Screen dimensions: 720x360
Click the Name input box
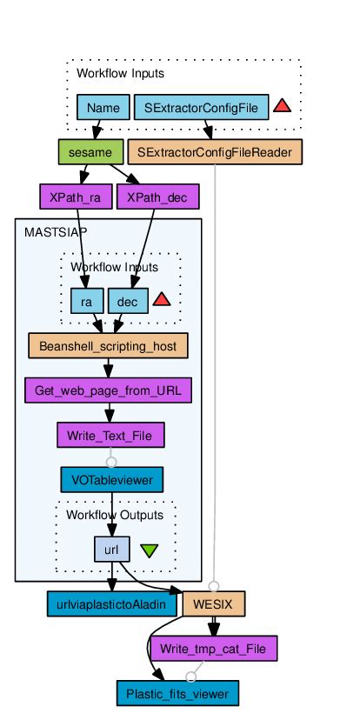(x=103, y=108)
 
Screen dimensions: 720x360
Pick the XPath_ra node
(x=76, y=197)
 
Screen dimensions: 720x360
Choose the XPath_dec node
(x=157, y=197)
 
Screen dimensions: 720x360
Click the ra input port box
(x=87, y=300)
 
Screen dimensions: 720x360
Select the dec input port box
(x=128, y=300)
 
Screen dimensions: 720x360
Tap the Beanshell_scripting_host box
(x=108, y=345)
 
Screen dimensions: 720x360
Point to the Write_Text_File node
(x=110, y=434)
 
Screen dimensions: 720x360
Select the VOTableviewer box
(x=111, y=478)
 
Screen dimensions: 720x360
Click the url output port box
(x=111, y=549)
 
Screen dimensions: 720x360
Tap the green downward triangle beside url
(x=149, y=550)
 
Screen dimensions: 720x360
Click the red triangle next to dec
(x=161, y=300)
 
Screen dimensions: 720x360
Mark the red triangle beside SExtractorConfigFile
(x=282, y=106)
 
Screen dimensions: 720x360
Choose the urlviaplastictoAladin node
(x=110, y=603)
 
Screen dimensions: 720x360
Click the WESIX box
(x=213, y=603)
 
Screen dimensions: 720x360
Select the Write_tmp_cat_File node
(x=213, y=648)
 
